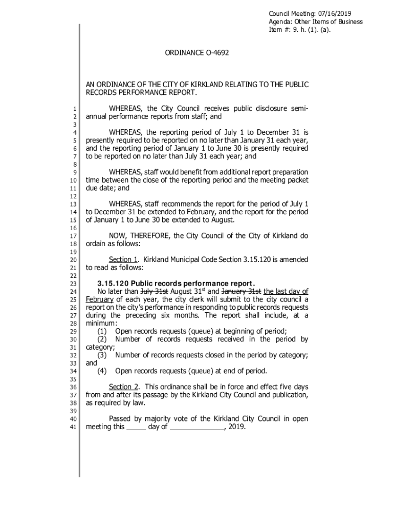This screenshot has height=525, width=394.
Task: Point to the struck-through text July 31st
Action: pyautogui.click(x=155, y=292)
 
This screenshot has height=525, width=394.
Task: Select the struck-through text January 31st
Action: pyautogui.click(x=243, y=292)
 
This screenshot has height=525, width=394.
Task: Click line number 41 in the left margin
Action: pyautogui.click(x=73, y=427)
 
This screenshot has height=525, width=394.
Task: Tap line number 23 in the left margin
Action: pyautogui.click(x=73, y=284)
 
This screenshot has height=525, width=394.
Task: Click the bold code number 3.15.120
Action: pyautogui.click(x=113, y=284)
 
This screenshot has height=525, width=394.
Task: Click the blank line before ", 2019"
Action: pyautogui.click(x=197, y=427)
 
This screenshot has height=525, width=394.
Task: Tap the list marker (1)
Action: pyautogui.click(x=102, y=331)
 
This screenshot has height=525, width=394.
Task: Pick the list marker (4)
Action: pyautogui.click(x=102, y=371)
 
